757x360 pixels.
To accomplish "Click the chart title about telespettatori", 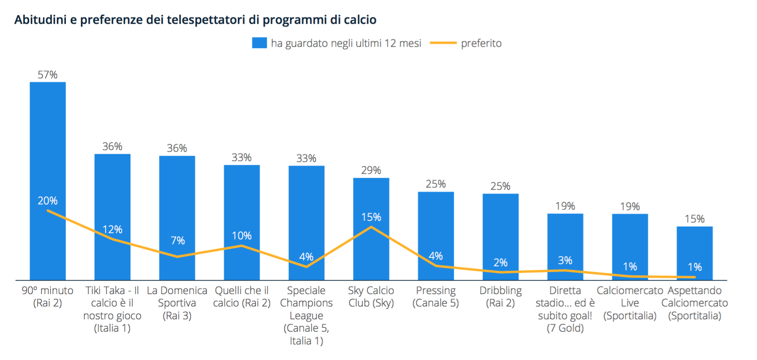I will (x=195, y=20).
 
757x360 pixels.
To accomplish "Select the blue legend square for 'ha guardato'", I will (x=259, y=43).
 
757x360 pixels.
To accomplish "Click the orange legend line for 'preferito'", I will (x=443, y=43).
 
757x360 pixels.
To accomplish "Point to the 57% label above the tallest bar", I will (x=48, y=75).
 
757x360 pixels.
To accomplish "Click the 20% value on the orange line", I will (x=48, y=201).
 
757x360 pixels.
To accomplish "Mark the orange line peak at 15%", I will (x=371, y=227).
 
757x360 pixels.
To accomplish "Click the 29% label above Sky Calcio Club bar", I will (x=371, y=170).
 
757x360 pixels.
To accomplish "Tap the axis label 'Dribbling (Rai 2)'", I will (x=500, y=296).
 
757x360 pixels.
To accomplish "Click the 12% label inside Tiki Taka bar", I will (x=112, y=229).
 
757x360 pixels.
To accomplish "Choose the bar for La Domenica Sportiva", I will (x=177, y=199).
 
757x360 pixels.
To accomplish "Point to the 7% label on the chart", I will (x=178, y=240).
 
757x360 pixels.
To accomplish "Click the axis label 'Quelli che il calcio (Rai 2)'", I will (x=242, y=296).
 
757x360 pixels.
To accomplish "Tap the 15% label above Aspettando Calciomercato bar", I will (x=694, y=219).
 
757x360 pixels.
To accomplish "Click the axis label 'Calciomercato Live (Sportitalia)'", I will (x=630, y=303).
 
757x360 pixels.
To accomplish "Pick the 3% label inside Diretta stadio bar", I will (x=565, y=260).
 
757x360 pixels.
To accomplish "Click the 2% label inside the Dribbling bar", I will (x=500, y=262).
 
